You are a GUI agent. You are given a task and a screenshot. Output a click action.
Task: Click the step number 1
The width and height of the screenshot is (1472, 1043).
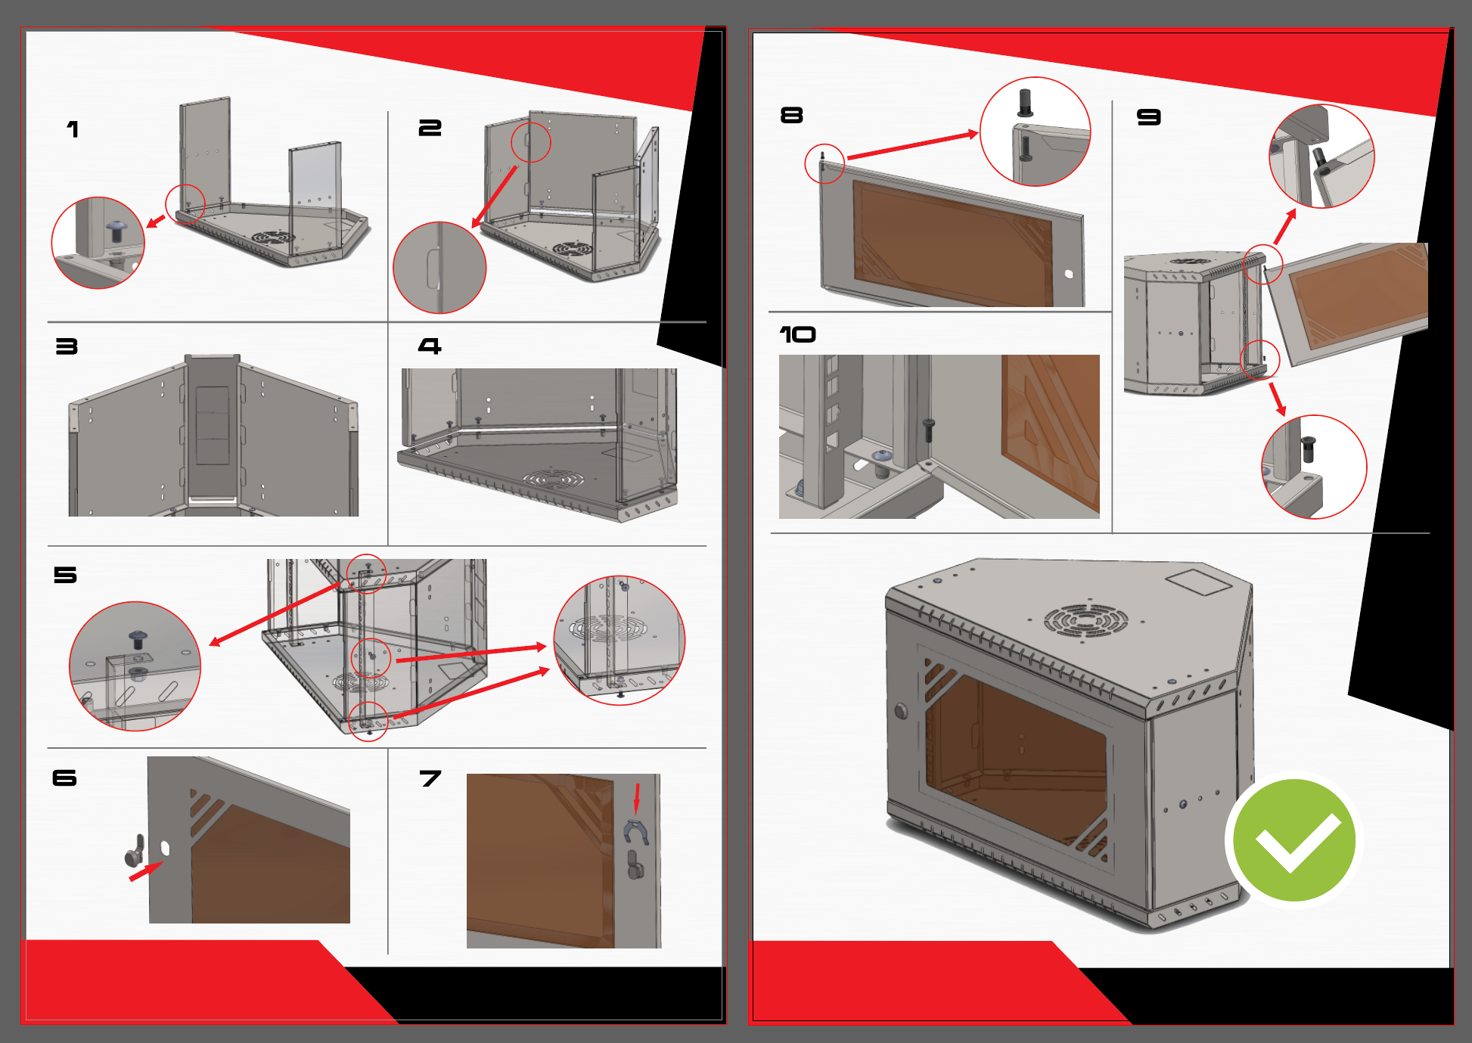click(x=73, y=129)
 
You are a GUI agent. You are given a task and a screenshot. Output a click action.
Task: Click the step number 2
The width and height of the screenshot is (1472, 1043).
click(x=430, y=129)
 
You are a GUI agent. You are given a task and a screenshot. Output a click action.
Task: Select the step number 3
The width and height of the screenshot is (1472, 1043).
click(x=67, y=346)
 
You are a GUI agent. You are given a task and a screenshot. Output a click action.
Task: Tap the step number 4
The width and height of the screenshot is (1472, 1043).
click(x=430, y=346)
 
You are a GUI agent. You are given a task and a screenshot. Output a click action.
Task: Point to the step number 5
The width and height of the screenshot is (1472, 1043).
click(x=65, y=575)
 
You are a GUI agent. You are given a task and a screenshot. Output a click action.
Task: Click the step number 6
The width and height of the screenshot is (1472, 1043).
click(x=64, y=778)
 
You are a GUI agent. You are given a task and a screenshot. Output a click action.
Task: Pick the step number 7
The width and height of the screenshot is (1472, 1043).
click(x=430, y=778)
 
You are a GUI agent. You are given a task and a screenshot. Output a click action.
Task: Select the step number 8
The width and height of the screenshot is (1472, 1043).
click(x=791, y=115)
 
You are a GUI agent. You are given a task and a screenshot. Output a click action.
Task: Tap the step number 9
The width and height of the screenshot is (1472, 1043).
click(x=1148, y=117)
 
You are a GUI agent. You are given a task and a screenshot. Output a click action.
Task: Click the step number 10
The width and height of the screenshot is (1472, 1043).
click(x=797, y=334)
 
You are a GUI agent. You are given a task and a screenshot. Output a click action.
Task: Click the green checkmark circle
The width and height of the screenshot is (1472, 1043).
click(x=1294, y=840)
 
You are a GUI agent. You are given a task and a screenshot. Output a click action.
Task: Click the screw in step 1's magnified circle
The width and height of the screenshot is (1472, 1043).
click(x=116, y=230)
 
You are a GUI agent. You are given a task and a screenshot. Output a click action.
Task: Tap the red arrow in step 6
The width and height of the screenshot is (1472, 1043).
click(x=145, y=871)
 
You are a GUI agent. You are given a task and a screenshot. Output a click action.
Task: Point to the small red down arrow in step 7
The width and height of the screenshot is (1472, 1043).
click(x=637, y=799)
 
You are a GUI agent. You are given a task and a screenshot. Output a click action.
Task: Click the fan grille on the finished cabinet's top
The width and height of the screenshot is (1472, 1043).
click(x=1086, y=621)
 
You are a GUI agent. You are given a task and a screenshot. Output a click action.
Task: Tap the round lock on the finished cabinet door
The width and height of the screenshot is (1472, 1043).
click(x=901, y=711)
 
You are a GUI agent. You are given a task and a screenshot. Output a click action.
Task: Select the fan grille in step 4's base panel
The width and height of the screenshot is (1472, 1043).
click(x=554, y=480)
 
